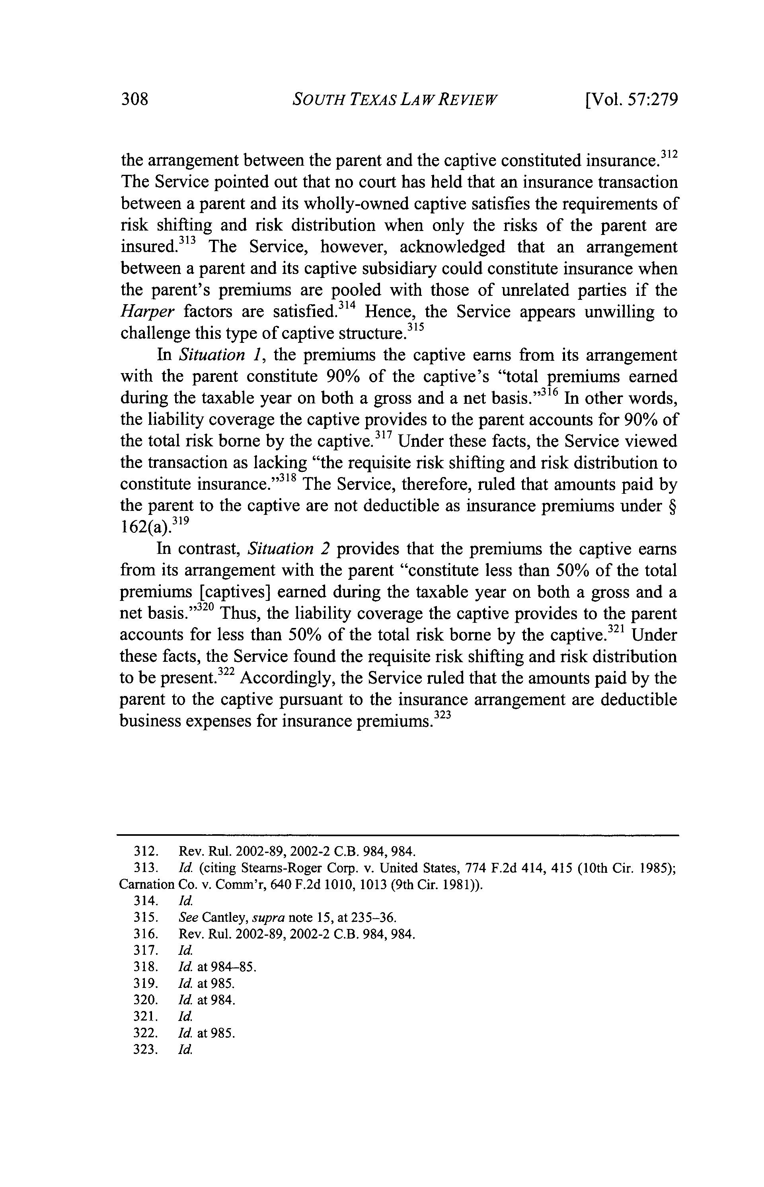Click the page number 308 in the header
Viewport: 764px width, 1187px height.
[x=135, y=100]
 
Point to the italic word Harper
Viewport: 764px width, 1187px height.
[x=147, y=312]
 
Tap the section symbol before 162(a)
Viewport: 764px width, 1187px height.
[x=673, y=506]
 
